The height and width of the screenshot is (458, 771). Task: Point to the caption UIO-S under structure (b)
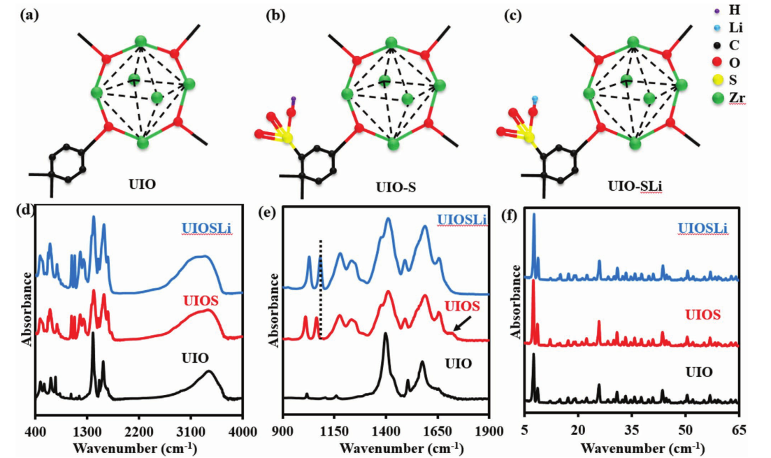click(x=395, y=185)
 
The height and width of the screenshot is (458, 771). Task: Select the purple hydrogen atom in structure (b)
click(x=294, y=99)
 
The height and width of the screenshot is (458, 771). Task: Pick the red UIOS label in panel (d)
click(x=202, y=301)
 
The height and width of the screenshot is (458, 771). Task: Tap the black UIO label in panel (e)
click(x=458, y=364)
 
